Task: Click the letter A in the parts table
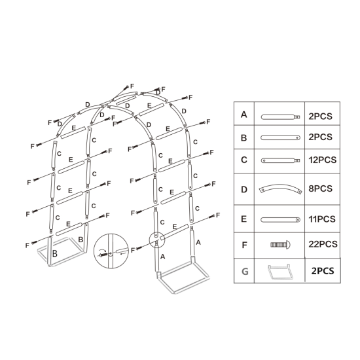coord(244,115)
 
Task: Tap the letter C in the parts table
coord(244,160)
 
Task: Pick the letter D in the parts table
coord(244,189)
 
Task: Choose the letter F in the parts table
coord(244,244)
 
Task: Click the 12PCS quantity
coord(323,160)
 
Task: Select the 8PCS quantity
coord(320,189)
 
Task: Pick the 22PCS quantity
coord(323,244)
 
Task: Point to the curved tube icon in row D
coord(280,189)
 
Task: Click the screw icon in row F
coord(280,244)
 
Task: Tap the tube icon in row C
coord(280,160)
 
